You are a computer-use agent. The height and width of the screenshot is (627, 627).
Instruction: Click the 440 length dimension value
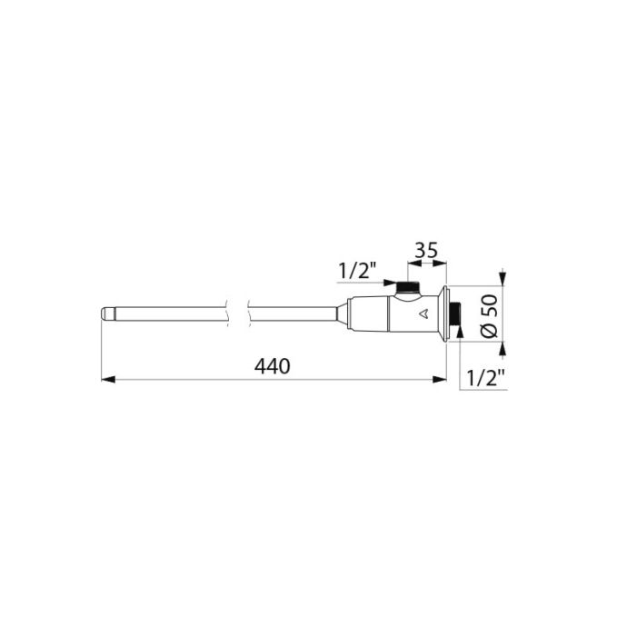273,366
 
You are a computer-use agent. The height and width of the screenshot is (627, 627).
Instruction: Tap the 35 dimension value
426,251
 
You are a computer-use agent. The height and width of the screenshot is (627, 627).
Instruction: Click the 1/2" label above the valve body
357,272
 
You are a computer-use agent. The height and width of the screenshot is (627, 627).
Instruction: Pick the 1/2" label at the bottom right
486,377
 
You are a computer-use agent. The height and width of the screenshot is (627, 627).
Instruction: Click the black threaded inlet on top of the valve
407,286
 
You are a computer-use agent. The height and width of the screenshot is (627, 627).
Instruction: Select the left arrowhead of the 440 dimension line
108,379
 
